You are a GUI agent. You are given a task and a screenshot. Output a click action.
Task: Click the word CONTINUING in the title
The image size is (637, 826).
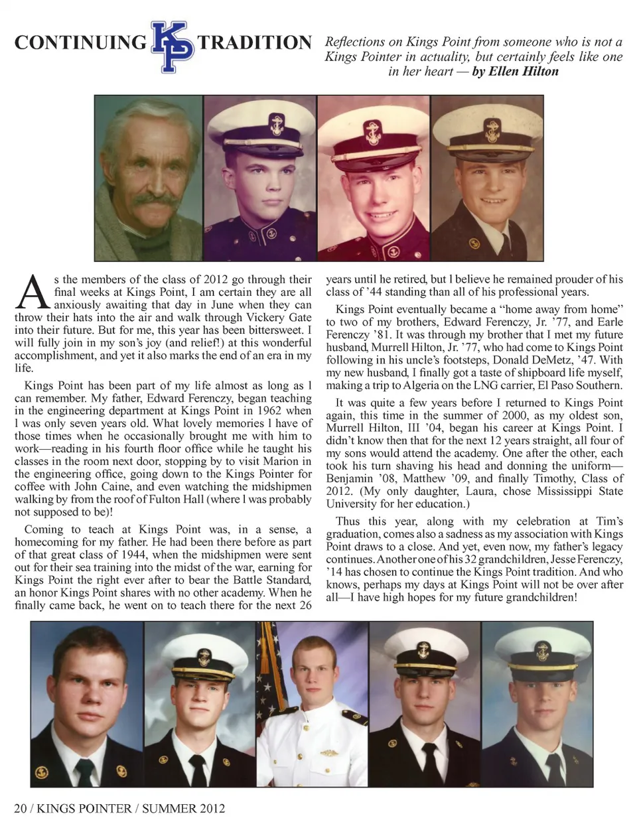(80, 43)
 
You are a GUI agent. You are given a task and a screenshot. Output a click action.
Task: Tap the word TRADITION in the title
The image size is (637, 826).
(254, 43)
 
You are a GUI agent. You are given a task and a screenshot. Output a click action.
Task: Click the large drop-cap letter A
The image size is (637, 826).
(32, 293)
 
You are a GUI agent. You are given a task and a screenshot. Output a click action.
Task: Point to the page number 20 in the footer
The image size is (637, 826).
(21, 808)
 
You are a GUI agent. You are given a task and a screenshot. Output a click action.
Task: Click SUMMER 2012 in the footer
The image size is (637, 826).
(183, 808)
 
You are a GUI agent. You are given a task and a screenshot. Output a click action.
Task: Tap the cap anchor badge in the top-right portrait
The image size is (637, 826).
(491, 128)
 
